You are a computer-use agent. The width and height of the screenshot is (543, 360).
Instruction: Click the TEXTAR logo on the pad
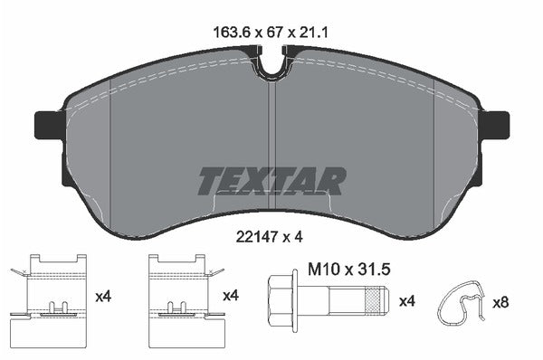(x=271, y=181)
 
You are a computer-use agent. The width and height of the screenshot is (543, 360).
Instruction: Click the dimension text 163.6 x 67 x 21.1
(x=271, y=33)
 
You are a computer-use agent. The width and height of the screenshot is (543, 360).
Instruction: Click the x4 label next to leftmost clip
(x=103, y=296)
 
